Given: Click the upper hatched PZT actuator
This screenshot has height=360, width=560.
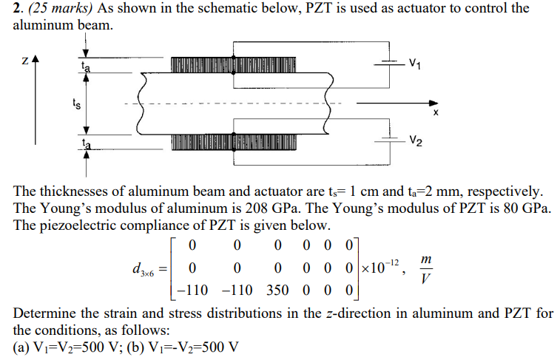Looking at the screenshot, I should point(234,64).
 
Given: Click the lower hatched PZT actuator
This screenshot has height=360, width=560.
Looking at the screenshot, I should point(234,140).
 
